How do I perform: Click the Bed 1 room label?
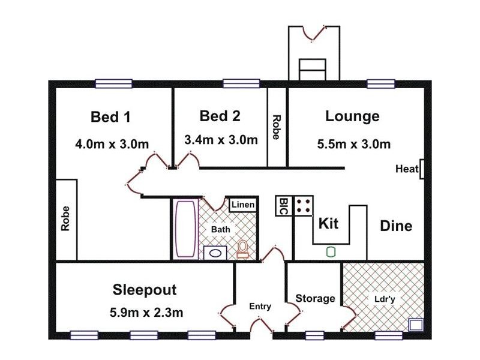(x=110, y=116)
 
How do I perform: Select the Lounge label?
(x=352, y=116)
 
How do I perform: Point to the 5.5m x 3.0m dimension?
(x=353, y=144)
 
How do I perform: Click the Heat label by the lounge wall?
(x=406, y=169)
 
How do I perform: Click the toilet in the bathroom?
(x=242, y=249)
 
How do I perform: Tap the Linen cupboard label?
(x=243, y=205)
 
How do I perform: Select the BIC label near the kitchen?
(x=284, y=206)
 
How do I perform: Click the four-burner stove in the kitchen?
(x=304, y=206)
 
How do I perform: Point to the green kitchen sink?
(x=331, y=252)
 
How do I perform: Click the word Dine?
(x=396, y=226)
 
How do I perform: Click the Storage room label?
(x=315, y=298)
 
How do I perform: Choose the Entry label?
(x=260, y=306)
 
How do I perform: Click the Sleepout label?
(x=145, y=290)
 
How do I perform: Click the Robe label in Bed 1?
(x=65, y=219)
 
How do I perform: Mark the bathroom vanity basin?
(x=213, y=253)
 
